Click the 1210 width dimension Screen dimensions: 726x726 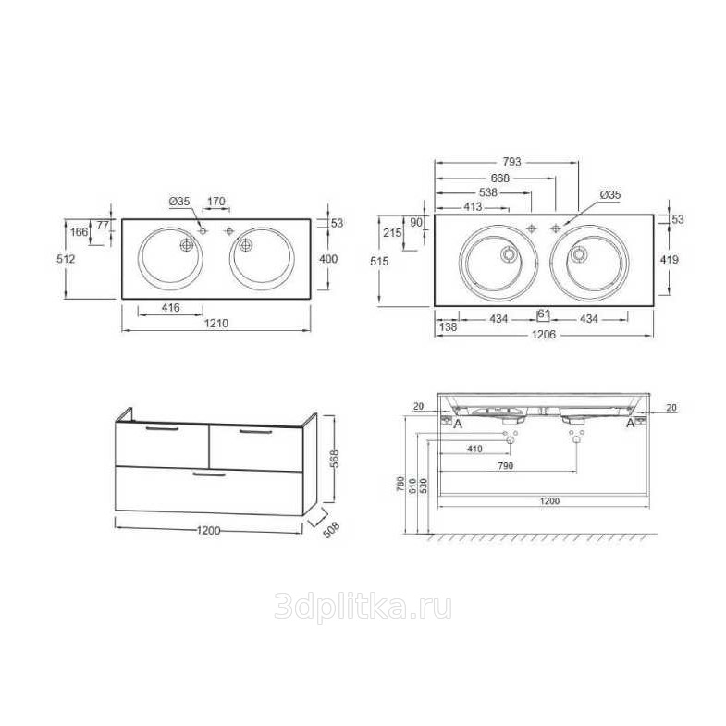[x=216, y=323]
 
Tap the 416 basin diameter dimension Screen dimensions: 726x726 [x=171, y=307]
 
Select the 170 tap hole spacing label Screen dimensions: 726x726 [x=216, y=202]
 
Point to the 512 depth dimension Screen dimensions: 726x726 [x=66, y=259]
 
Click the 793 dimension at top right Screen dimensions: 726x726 [x=511, y=162]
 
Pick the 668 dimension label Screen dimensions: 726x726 [x=500, y=178]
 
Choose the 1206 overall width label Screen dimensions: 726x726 [x=544, y=334]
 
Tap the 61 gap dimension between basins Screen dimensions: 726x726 [x=544, y=314]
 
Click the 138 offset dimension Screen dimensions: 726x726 [x=449, y=326]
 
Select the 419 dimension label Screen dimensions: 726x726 [x=670, y=259]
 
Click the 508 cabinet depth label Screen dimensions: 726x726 [x=331, y=530]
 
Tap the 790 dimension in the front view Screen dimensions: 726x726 [x=506, y=466]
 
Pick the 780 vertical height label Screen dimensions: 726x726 [x=401, y=485]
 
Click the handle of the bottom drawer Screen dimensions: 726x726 [x=209, y=474]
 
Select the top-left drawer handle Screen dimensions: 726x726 [x=162, y=429]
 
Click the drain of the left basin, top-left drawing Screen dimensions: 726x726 [x=187, y=245]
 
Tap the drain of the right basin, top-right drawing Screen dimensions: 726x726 [x=579, y=254]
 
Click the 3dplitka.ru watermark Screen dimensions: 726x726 [x=363, y=607]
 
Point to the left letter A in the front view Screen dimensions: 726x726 [x=458, y=424]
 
